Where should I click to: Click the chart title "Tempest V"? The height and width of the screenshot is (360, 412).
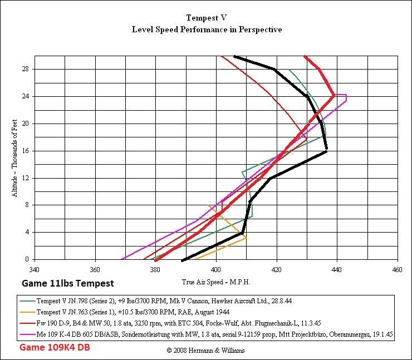(x=206, y=18)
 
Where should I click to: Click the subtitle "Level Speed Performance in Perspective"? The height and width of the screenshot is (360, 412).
(x=206, y=29)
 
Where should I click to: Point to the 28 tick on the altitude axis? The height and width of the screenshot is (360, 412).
(x=26, y=70)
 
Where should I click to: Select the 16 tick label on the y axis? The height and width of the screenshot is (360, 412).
(x=26, y=151)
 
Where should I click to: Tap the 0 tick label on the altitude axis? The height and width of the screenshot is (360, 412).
(x=27, y=259)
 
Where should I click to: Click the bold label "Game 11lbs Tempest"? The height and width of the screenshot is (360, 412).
(x=67, y=283)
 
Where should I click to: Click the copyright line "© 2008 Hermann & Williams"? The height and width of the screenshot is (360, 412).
(x=206, y=351)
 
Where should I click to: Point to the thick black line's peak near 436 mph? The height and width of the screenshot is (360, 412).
(x=326, y=151)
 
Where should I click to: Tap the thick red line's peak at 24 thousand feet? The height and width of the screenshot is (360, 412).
(x=333, y=96)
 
